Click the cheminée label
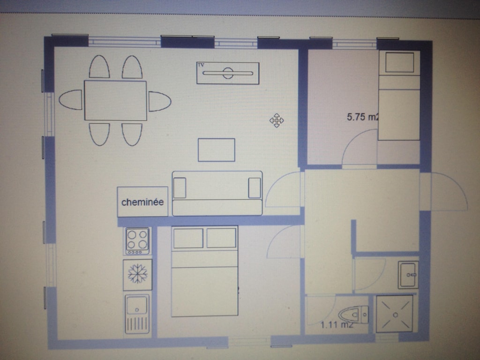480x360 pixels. point(142,202)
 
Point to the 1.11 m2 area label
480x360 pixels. point(337,324)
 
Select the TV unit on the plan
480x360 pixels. point(228,73)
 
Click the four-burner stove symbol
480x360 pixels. point(137,241)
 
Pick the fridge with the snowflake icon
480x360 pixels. point(137,275)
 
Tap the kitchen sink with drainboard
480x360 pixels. point(137,314)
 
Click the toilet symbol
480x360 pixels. point(353,315)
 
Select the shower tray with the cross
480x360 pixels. point(395,314)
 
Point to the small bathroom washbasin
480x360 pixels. point(408,275)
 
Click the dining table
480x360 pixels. point(115,100)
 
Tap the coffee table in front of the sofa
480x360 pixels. point(217,150)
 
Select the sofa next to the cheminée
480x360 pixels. point(217,194)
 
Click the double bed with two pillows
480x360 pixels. point(204,271)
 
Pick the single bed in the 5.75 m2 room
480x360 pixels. point(399,95)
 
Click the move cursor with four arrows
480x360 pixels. point(277,120)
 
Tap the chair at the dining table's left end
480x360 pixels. point(70,100)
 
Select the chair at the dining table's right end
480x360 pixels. point(159,101)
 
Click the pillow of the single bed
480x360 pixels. point(399,62)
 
